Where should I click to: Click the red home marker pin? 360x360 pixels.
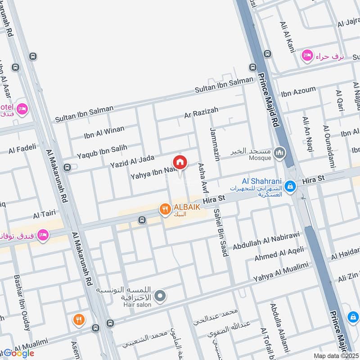pos(180,162)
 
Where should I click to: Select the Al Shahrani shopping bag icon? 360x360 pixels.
pos(291,184)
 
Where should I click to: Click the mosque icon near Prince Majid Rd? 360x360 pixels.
pos(281,153)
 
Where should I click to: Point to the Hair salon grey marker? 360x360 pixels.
pos(160,296)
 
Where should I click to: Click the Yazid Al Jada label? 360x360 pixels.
pos(132,162)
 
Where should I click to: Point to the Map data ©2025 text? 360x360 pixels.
pos(336,355)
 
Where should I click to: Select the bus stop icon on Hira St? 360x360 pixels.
pos(142,220)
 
